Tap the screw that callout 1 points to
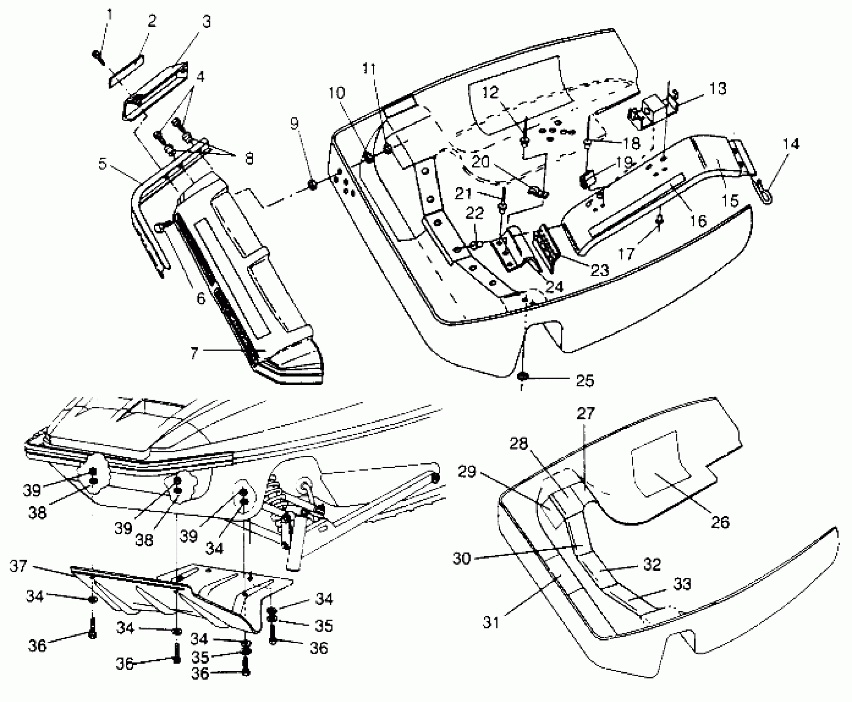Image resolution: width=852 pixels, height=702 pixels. (x=97, y=57)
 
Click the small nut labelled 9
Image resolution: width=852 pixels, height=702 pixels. (x=312, y=185)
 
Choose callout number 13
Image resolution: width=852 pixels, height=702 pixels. (x=719, y=88)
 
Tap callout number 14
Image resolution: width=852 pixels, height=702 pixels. (x=790, y=144)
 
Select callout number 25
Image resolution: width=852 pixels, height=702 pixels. (x=585, y=380)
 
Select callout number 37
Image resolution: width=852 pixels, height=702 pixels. (x=19, y=567)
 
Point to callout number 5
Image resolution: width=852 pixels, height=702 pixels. (x=103, y=164)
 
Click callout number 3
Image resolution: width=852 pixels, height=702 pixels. (x=206, y=21)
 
